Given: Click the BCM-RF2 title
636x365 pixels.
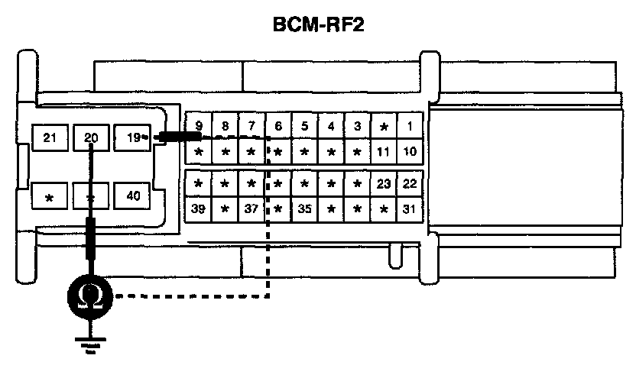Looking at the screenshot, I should [318, 26].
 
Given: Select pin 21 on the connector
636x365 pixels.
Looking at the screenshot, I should [50, 138].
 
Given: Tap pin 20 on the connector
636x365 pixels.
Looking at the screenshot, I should [92, 138].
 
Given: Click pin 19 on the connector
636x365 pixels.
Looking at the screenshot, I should [132, 138].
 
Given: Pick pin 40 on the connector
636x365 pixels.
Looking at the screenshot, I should [132, 195].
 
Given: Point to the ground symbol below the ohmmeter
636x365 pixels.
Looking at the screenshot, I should [90, 344].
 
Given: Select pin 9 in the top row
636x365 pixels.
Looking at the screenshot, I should [199, 126].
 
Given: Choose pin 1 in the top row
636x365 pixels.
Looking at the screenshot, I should [410, 126].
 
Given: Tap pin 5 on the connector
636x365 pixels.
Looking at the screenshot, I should [304, 126].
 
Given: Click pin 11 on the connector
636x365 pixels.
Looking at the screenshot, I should [384, 151].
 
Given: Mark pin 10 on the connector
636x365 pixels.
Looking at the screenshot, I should [410, 151].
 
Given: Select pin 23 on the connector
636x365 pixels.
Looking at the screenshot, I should [384, 183].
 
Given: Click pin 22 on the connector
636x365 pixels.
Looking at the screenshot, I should [410, 183].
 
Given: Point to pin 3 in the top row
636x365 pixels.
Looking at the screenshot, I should [357, 126].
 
